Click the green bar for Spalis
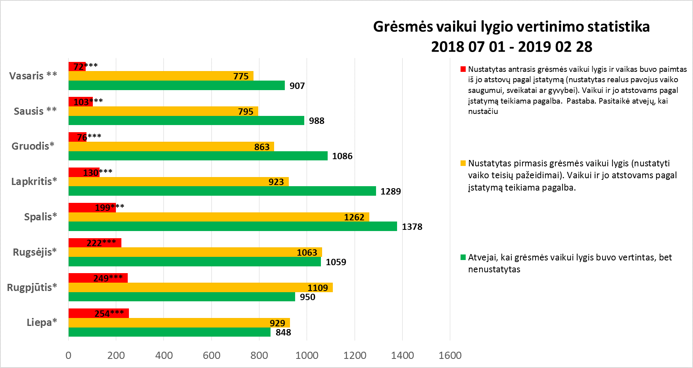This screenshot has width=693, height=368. pyautogui.click(x=232, y=226)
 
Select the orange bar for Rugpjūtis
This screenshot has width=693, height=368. pyautogui.click(x=200, y=287)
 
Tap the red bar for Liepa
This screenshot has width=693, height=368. pyautogui.click(x=98, y=313)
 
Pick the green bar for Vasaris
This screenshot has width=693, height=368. pyautogui.click(x=177, y=85)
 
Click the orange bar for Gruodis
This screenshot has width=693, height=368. pyautogui.click(x=171, y=146)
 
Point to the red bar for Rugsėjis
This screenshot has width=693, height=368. pyautogui.click(x=95, y=243)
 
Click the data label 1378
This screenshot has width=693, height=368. pyautogui.click(x=412, y=227)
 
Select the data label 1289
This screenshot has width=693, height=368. pyautogui.click(x=391, y=191)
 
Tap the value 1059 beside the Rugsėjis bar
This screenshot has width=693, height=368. pyautogui.click(x=336, y=262)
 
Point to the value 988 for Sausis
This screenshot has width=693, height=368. pyautogui.click(x=317, y=121)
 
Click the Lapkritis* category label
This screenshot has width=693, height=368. pyautogui.click(x=34, y=181)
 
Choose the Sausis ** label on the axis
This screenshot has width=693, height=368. pyautogui.click(x=35, y=111)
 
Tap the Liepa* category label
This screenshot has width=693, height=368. pyautogui.click(x=42, y=322)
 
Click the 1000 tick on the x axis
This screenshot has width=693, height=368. pyautogui.click(x=307, y=355)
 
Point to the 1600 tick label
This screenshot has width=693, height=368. pyautogui.click(x=450, y=355)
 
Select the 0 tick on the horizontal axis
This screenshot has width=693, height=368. pyautogui.click(x=68, y=355)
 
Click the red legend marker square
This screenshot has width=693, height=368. pyautogui.click(x=463, y=69)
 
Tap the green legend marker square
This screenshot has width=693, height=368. pyautogui.click(x=463, y=258)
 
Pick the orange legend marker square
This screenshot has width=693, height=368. pyautogui.click(x=463, y=164)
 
